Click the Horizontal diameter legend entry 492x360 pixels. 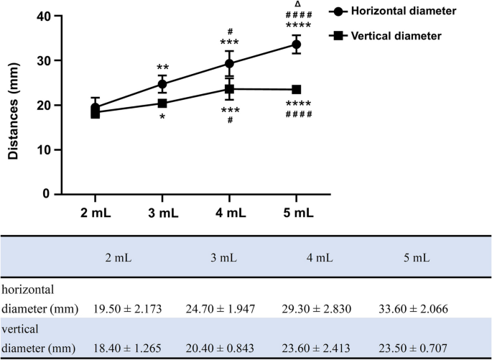point(405,11)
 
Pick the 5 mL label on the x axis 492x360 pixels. point(296,214)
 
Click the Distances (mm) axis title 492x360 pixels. point(14,106)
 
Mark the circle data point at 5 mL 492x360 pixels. point(296,45)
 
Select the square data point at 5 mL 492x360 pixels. point(296,89)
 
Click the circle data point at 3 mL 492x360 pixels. point(162,84)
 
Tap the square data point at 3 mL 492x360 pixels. point(162,103)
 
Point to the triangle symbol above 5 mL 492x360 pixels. point(297,4)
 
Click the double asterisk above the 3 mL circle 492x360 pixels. point(162,68)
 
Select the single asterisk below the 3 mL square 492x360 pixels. point(162,116)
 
